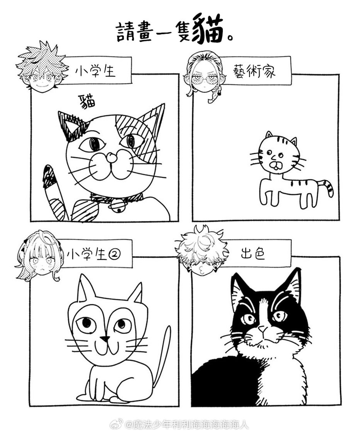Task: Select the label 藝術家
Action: (254, 71)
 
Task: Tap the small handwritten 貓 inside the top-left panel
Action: (87, 102)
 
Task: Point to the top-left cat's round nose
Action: (112, 157)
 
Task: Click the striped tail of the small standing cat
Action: (328, 187)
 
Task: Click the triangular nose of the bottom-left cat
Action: (105, 339)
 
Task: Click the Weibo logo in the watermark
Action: (117, 424)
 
